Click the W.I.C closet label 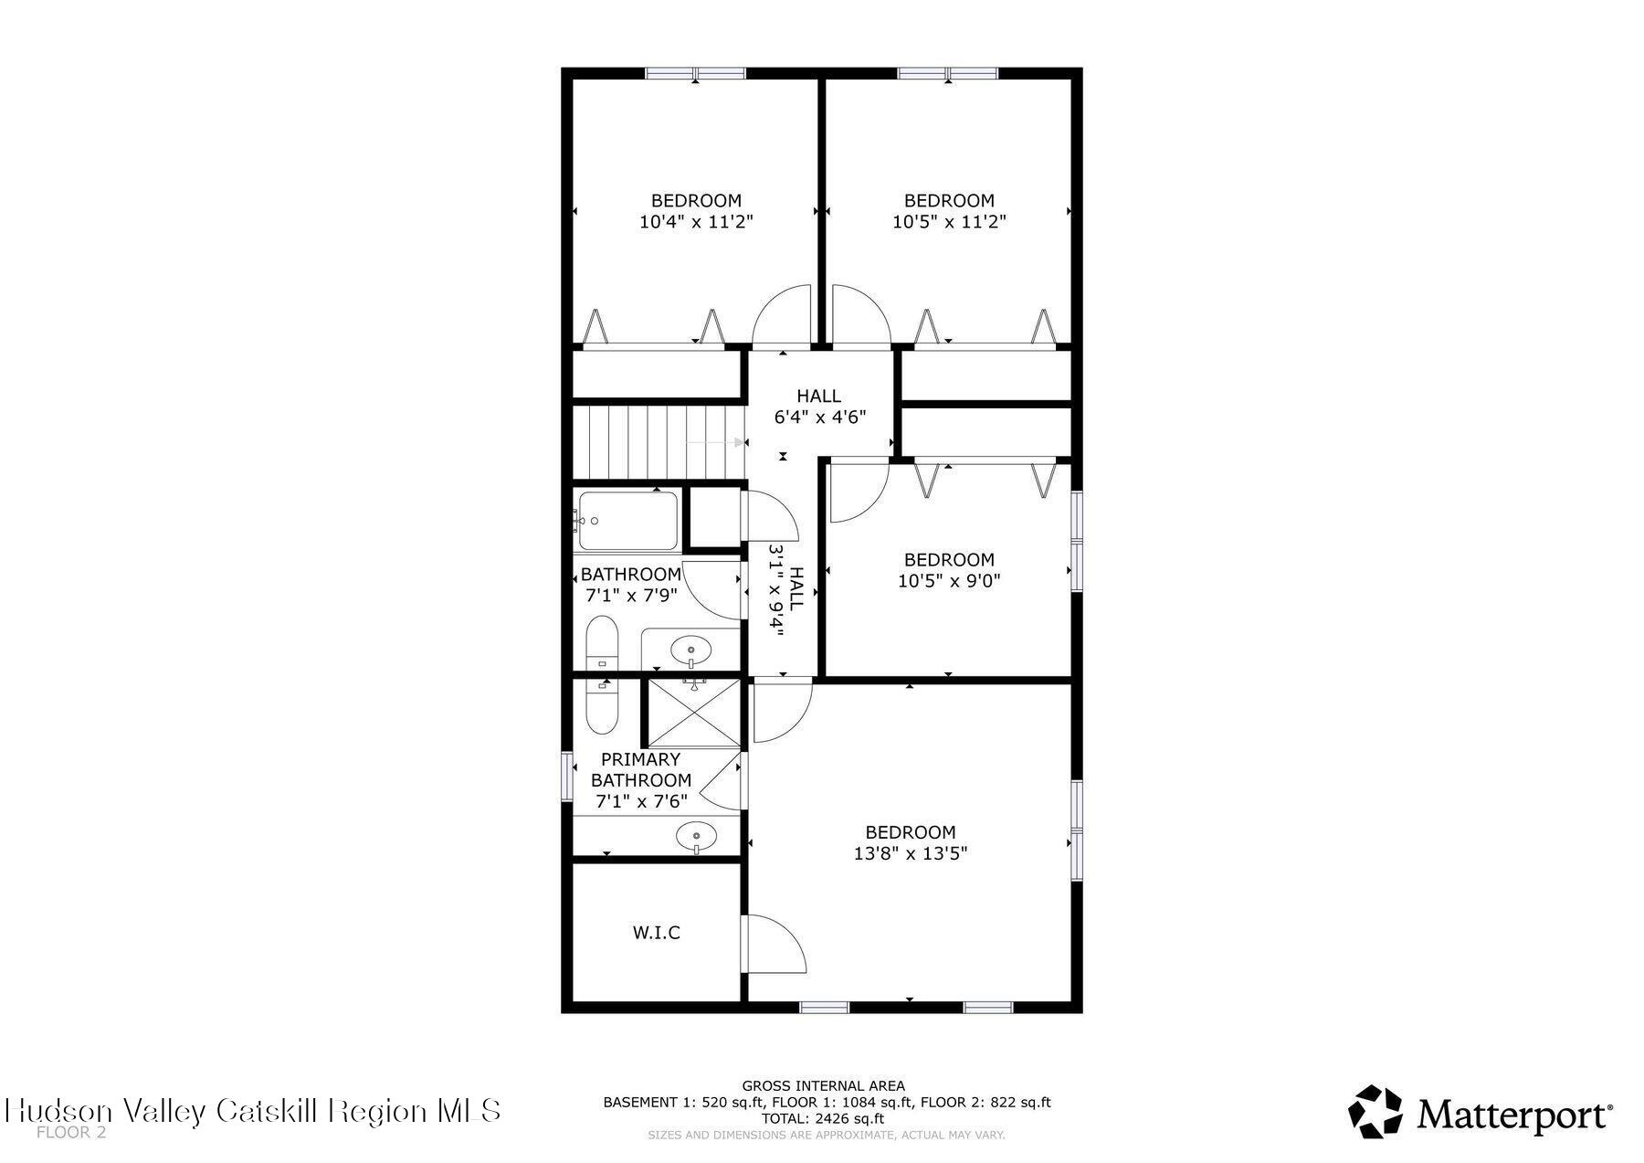click(656, 933)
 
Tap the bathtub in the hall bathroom click(627, 521)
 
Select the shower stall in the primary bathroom click(693, 712)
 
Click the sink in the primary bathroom click(697, 835)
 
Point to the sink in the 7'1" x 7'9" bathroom click(690, 650)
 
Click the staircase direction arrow click(715, 443)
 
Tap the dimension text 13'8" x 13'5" click(910, 853)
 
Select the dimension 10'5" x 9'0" click(949, 580)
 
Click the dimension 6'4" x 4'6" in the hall click(819, 417)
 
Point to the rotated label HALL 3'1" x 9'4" click(786, 590)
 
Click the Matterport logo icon click(1375, 1112)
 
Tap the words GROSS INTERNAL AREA click(823, 1085)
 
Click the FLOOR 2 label click(71, 1133)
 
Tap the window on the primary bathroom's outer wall click(567, 777)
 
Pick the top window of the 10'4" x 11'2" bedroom click(695, 74)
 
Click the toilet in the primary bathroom click(602, 704)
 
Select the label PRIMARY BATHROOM click(640, 769)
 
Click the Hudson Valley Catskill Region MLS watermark click(252, 1110)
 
